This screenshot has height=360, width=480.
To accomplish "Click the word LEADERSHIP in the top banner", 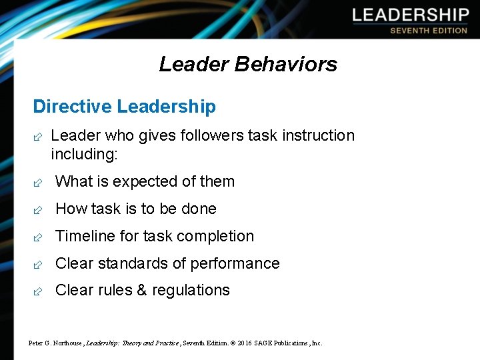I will [411, 14].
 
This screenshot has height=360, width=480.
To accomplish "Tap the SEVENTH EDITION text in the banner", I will [429, 30].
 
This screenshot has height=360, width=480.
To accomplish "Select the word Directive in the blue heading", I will [72, 107].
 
